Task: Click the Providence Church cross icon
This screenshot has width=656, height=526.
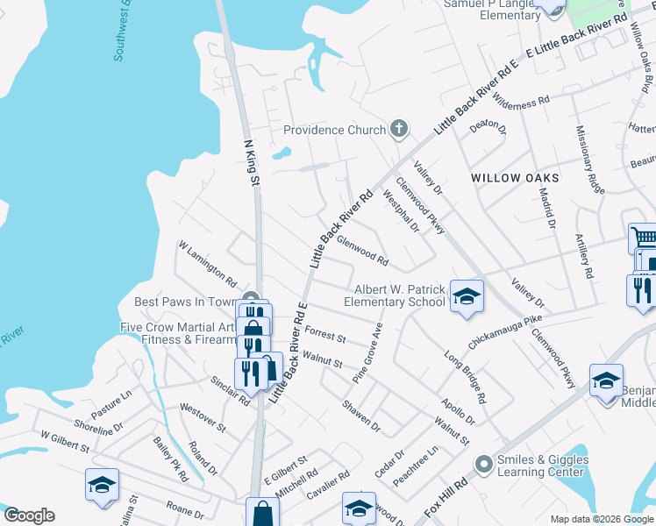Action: (399, 130)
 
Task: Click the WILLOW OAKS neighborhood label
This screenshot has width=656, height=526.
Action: (515, 177)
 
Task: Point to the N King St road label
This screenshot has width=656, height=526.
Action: (253, 162)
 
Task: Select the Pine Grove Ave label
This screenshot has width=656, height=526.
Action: (368, 352)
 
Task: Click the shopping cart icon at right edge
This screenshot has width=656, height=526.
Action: (643, 238)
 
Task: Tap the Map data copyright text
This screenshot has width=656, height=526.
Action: (602, 519)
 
